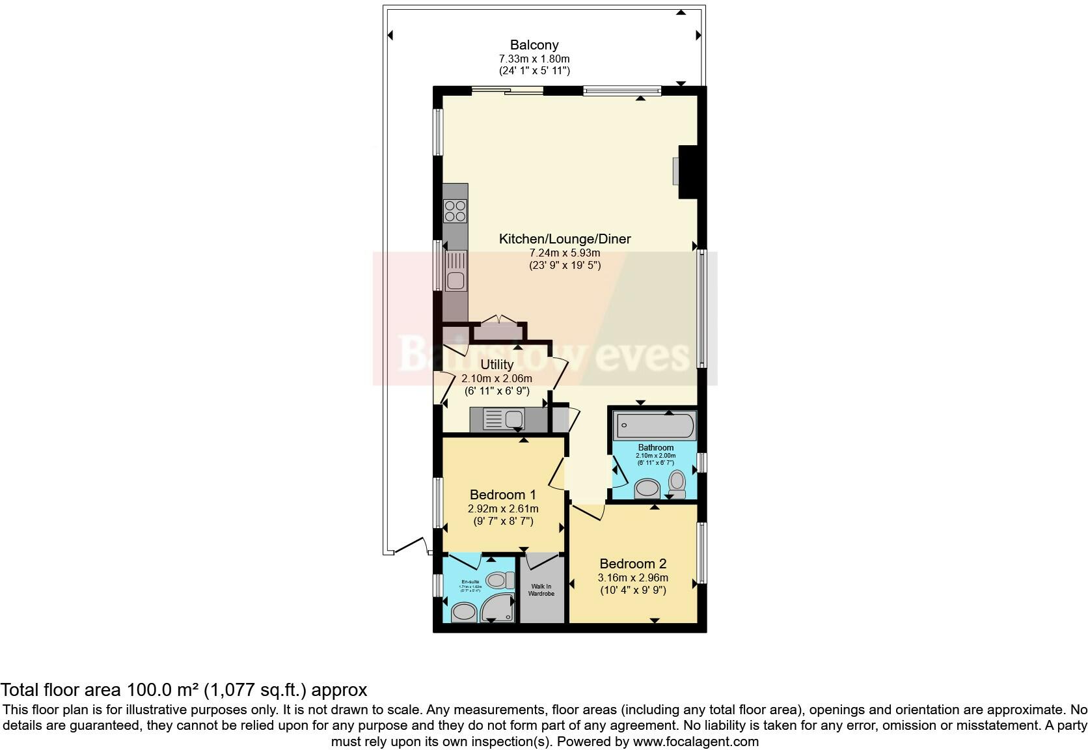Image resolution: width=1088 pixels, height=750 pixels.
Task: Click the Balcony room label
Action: [x=534, y=45]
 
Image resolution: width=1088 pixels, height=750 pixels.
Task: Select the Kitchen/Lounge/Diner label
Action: [x=565, y=239]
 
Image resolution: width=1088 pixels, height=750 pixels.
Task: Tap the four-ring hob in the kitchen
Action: [x=455, y=212]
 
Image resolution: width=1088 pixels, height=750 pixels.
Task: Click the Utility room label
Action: [x=496, y=365]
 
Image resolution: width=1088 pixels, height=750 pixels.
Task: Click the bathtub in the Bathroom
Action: [x=655, y=426]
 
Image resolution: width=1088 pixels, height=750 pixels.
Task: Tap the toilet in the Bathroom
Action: [x=677, y=482]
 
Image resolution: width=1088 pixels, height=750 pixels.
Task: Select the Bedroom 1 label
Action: [x=503, y=495]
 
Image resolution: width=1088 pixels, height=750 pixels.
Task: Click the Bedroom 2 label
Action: [x=633, y=564]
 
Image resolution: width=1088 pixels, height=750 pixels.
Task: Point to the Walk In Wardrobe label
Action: [x=540, y=590]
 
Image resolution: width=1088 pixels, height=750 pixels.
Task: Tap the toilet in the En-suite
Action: [x=499, y=579]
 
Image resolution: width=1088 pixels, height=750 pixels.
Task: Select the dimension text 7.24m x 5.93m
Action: [x=565, y=253]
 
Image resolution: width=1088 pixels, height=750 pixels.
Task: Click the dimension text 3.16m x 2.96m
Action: [x=633, y=577]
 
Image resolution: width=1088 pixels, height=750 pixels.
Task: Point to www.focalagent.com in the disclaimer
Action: [x=695, y=741]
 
